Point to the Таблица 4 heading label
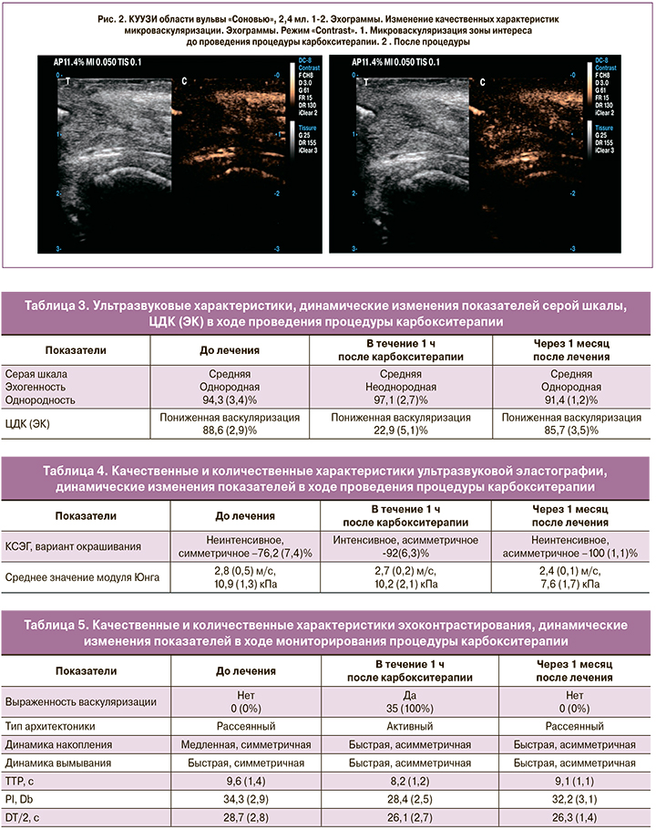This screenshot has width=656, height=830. coord(81,471)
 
